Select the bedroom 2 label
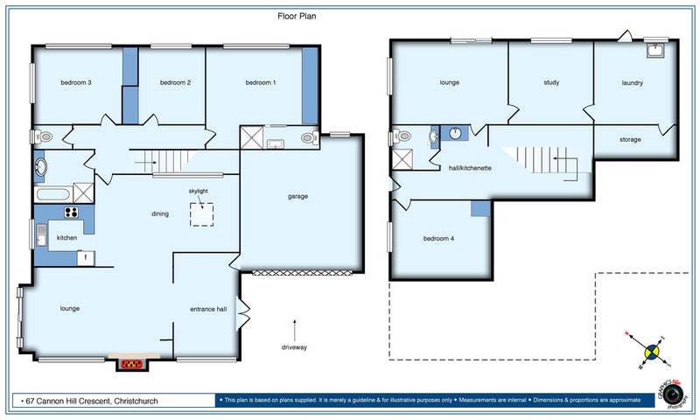175,82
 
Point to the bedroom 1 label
260,82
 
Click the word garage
298,196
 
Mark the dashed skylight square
202,213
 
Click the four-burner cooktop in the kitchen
70,212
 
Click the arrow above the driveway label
295,329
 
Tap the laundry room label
633,83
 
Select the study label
551,83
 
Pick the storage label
630,139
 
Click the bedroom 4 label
439,238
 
